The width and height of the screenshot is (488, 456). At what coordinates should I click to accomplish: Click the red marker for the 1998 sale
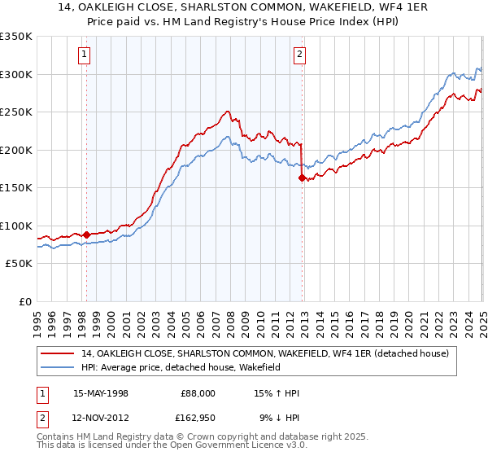pyautogui.click(x=86, y=235)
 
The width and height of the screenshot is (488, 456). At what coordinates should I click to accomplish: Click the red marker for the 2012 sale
pyautogui.click(x=302, y=177)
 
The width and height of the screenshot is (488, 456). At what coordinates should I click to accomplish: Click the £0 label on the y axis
pyautogui.click(x=24, y=301)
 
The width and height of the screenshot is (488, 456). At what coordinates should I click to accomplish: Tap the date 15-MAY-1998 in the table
pyautogui.click(x=101, y=393)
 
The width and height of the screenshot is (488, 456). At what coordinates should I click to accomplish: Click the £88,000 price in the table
pyautogui.click(x=198, y=393)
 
